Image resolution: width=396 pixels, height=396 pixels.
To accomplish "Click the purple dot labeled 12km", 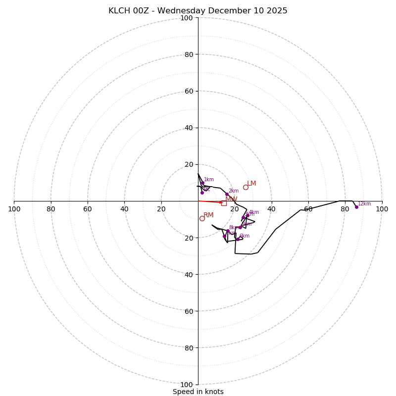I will pyautogui.click(x=356, y=207).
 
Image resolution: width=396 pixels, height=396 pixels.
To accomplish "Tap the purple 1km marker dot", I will pyautogui.click(x=202, y=183).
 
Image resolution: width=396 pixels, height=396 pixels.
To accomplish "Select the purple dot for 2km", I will pyautogui.click(x=227, y=195).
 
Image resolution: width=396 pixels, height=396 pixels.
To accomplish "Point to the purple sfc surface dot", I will pyautogui.click(x=202, y=193).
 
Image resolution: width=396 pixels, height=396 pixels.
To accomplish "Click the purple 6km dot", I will pyautogui.click(x=238, y=239).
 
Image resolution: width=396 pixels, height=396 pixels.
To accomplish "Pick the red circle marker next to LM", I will pyautogui.click(x=246, y=187).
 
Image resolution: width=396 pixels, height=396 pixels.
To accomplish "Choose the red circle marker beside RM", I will pyautogui.click(x=202, y=218).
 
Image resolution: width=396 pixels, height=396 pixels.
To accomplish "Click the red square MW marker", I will pyautogui.click(x=224, y=203).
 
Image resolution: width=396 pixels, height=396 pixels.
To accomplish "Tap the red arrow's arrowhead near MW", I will pyautogui.click(x=221, y=202).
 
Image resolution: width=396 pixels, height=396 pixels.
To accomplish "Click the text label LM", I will pyautogui.click(x=251, y=184).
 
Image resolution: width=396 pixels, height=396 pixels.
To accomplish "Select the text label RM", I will pyautogui.click(x=208, y=215).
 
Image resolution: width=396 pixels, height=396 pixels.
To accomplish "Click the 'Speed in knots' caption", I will pyautogui.click(x=198, y=392).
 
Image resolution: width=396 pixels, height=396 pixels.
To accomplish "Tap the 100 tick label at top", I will pyautogui.click(x=187, y=18).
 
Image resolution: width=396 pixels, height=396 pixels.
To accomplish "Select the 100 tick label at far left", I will pyautogui.click(x=14, y=209).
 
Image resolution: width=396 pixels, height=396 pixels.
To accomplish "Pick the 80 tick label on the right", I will pyautogui.click(x=345, y=209).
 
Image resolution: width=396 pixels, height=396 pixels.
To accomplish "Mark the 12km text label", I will pyautogui.click(x=364, y=204).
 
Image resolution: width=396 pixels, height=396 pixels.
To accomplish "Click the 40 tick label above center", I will pyautogui.click(x=189, y=128).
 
